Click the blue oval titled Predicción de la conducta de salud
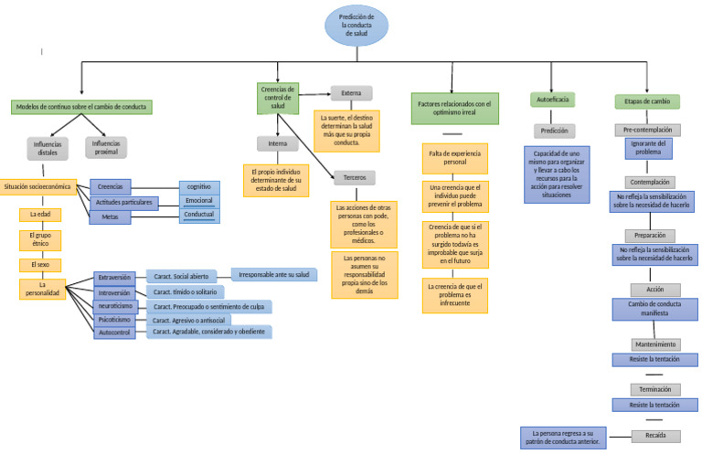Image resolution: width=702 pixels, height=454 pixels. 356,25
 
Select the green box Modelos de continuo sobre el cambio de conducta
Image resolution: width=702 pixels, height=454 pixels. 81,107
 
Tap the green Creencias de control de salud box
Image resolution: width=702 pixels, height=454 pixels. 278,98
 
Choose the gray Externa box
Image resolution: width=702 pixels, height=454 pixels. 351,93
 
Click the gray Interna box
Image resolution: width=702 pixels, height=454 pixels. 278,144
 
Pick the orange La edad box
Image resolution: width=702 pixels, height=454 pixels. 40,215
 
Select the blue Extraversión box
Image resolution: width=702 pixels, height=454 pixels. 114,277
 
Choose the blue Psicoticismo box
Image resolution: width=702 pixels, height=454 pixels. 114,320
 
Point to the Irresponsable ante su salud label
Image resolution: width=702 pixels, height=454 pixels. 274,274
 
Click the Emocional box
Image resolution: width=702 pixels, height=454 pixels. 198,200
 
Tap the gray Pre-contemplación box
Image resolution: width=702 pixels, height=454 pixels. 654,130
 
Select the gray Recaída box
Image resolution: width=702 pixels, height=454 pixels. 655,436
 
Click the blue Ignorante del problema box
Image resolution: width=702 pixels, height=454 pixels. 648,148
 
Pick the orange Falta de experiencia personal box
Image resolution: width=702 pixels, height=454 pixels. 454,158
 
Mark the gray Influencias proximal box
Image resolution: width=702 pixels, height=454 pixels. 106,148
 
